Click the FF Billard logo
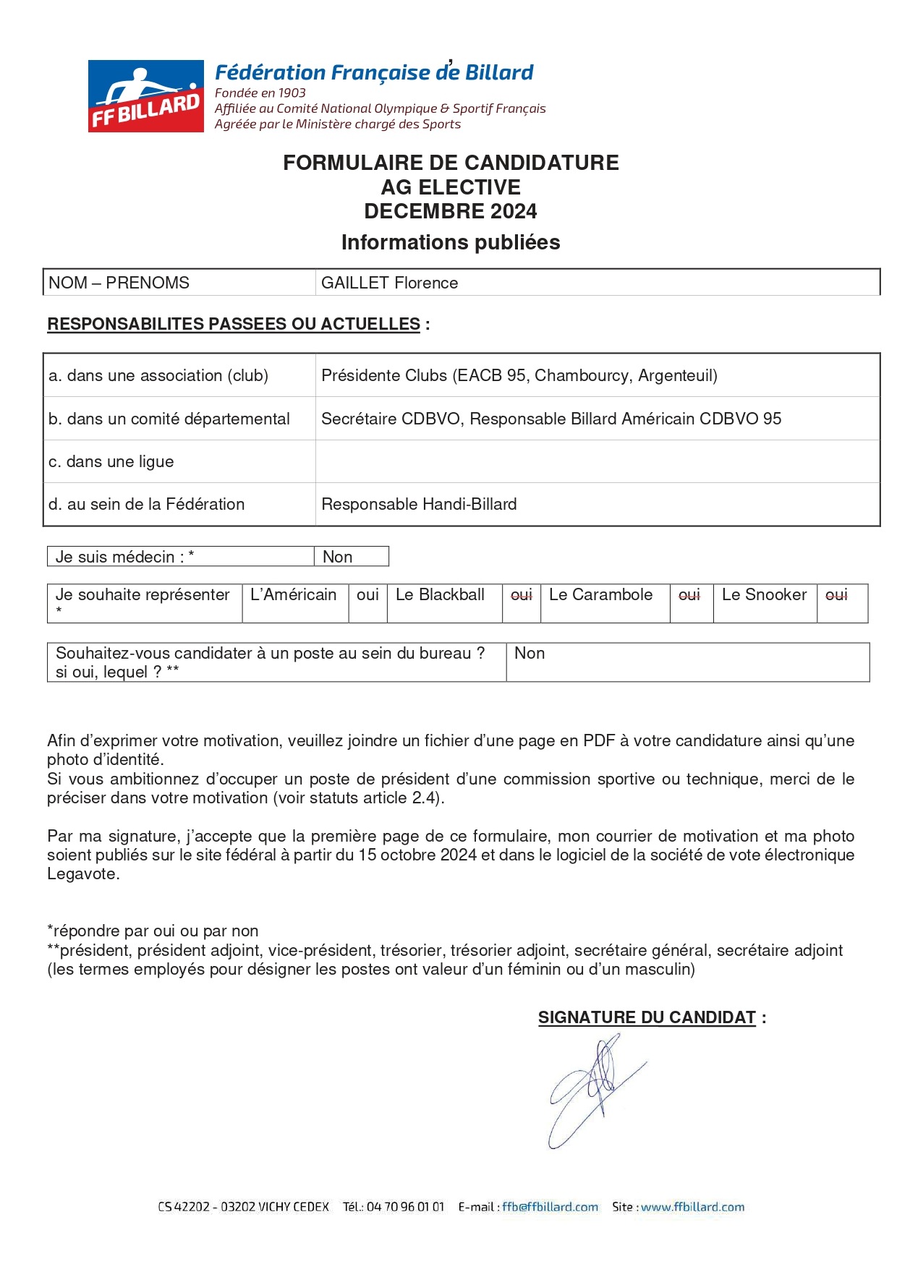tap(145, 96)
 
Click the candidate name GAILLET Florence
tap(389, 283)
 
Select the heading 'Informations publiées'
tap(450, 242)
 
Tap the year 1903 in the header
tap(292, 93)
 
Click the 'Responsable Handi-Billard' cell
tap(419, 504)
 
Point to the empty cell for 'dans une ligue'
tap(597, 461)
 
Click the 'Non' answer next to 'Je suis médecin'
tap(337, 557)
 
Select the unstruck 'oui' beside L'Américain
tap(367, 594)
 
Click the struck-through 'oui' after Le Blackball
tap(521, 594)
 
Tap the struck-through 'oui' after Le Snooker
tap(836, 594)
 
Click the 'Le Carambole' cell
tap(600, 594)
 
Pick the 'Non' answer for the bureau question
tap(530, 653)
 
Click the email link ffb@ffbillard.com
tap(550, 1207)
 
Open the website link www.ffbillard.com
tap(692, 1207)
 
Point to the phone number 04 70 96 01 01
tap(405, 1207)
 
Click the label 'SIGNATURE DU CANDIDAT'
tap(647, 1017)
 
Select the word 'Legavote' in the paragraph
tap(82, 873)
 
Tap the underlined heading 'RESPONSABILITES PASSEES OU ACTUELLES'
tap(234, 324)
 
